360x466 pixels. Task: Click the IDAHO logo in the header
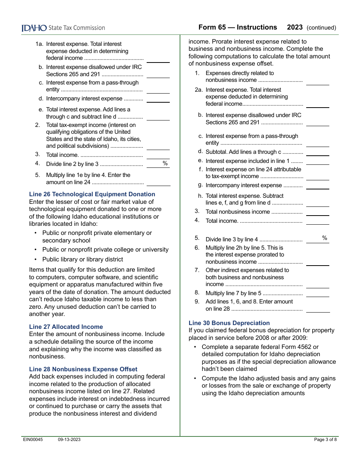[x=34, y=28]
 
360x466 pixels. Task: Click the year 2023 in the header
[x=295, y=27]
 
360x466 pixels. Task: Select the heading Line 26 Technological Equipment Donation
[x=92, y=194]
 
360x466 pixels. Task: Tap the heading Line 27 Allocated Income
[x=66, y=327]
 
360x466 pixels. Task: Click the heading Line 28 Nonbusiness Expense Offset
[x=83, y=369]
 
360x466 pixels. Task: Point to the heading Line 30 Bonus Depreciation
[x=229, y=323]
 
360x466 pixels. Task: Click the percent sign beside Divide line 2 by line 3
[x=165, y=164]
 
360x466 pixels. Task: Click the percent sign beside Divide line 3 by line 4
[x=325, y=238]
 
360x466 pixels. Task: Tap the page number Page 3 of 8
[x=325, y=440]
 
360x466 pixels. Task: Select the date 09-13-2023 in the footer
[x=69, y=440]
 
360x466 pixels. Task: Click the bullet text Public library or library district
[x=83, y=260]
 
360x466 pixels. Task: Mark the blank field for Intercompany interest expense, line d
[x=158, y=99]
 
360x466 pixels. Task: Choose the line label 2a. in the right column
[x=199, y=90]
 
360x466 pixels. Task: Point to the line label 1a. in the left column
[x=40, y=44]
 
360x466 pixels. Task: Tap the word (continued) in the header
[x=321, y=28]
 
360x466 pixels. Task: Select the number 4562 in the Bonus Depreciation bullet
[x=299, y=347]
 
